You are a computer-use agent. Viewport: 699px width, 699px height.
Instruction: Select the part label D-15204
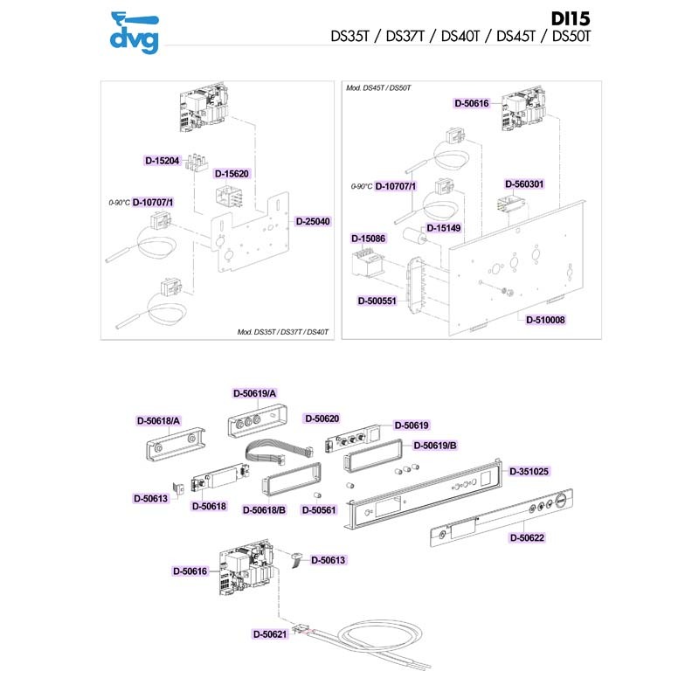[162, 161]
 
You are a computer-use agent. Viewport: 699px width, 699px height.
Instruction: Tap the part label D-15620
[232, 173]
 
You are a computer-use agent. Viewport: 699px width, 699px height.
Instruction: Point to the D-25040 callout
[313, 221]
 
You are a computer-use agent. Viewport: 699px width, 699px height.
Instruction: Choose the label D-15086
[368, 238]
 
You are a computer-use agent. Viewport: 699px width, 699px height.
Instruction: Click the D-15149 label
[443, 227]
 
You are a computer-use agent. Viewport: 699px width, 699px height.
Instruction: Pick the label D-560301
[524, 184]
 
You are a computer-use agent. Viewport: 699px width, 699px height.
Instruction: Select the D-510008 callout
[545, 321]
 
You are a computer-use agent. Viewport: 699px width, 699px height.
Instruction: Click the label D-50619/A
[254, 394]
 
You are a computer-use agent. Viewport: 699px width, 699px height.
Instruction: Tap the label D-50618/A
[158, 420]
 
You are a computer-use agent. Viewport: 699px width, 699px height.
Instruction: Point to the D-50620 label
[322, 418]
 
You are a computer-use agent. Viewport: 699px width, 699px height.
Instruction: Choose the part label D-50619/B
[434, 446]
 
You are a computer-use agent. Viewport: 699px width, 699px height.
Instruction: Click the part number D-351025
[529, 471]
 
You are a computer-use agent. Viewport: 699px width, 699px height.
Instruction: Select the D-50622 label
[526, 538]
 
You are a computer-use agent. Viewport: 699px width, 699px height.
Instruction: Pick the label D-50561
[319, 509]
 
